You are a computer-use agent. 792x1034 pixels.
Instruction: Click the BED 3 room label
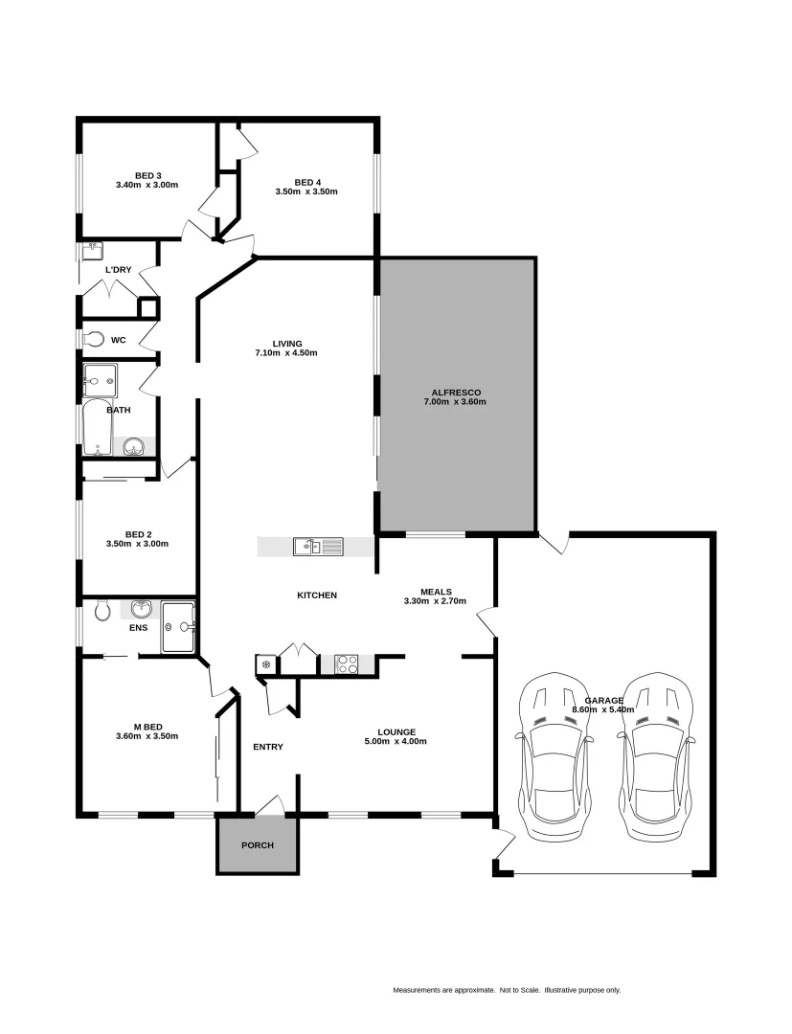tap(147, 175)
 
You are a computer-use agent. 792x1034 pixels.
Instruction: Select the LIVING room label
tap(287, 344)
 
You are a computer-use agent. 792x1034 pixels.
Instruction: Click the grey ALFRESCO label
tap(455, 392)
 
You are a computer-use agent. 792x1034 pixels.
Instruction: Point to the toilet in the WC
tap(93, 339)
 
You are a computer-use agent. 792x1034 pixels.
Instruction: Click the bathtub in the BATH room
tap(97, 428)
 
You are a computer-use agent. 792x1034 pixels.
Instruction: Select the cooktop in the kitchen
tap(346, 663)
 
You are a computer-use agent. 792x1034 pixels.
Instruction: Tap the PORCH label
tap(257, 845)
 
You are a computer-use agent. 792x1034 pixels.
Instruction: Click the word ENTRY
tap(267, 747)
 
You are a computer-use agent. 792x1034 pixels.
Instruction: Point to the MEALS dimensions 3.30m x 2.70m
tap(435, 602)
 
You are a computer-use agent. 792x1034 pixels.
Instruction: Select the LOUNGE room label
tap(396, 731)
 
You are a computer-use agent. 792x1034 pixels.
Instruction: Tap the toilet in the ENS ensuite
tap(103, 610)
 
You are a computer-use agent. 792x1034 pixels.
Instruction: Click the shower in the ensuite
tap(178, 627)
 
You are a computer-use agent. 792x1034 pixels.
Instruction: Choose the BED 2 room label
tap(138, 534)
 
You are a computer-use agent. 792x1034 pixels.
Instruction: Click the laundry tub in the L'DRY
tap(93, 252)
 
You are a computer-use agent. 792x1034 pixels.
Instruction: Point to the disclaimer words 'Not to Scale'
tap(520, 990)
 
